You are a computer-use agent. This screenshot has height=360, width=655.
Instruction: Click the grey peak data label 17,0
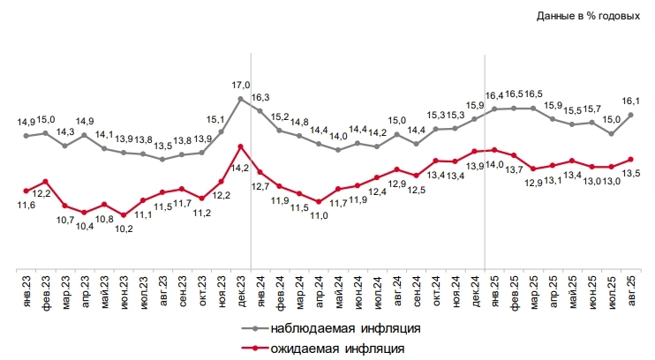[x=241, y=86]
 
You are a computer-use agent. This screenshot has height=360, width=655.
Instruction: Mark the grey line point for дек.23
[x=241, y=99]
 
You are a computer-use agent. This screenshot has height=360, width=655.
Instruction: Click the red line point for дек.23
[x=241, y=146]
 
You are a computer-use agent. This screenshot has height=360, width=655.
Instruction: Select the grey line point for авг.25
[x=631, y=115]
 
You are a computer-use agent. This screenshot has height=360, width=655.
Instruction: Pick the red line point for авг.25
[x=631, y=160]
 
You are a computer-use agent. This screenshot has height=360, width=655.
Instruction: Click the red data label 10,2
[x=124, y=229]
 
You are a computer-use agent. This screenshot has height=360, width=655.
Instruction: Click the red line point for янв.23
[x=26, y=191]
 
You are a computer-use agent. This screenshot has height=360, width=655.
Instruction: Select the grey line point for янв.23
[x=26, y=136]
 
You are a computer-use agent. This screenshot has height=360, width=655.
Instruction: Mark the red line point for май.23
[x=104, y=205]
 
